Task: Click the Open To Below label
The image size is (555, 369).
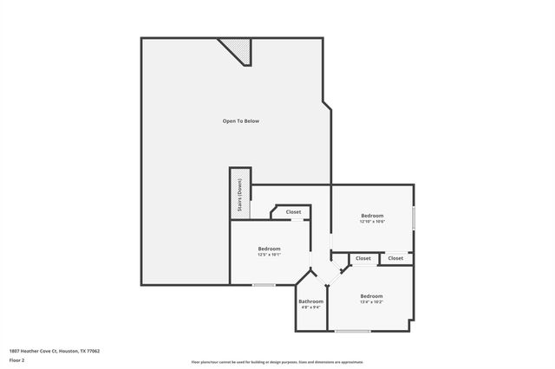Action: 241,121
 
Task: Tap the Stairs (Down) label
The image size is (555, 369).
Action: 240,197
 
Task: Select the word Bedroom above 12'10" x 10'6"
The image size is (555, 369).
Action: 372,215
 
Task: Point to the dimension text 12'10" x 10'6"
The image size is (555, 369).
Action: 372,222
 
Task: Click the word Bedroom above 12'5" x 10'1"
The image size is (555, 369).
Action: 269,249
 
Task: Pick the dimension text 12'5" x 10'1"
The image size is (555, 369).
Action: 269,255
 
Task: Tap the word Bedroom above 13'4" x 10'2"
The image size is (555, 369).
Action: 371,296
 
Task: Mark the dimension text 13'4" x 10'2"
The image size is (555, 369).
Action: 371,302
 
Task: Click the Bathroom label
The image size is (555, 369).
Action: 311,301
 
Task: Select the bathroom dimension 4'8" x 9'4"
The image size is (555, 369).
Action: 311,307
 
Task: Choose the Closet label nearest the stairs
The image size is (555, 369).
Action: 293,212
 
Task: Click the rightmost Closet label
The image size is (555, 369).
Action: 395,258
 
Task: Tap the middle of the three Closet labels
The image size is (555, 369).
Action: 362,258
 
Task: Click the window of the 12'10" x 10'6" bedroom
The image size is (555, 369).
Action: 414,217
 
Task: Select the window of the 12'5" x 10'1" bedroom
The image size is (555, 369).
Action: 264,285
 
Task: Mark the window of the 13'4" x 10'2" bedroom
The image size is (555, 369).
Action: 352,331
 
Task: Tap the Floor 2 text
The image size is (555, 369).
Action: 17,359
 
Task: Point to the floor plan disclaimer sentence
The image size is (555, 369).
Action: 277,362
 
